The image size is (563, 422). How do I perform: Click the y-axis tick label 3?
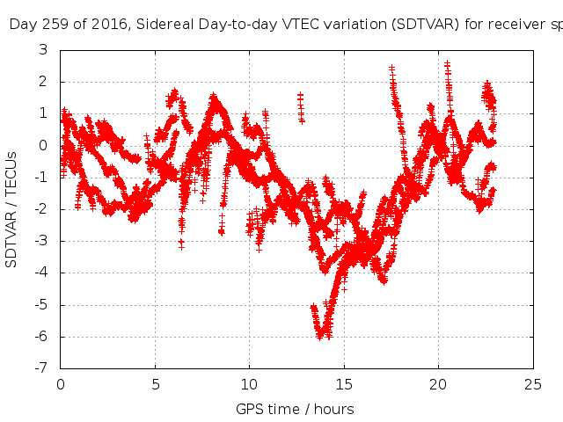pyautogui.click(x=43, y=50)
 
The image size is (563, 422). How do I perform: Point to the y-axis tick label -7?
pyautogui.click(x=40, y=368)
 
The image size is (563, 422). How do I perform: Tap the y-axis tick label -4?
pyautogui.click(x=40, y=273)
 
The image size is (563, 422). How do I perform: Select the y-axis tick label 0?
pyautogui.click(x=43, y=146)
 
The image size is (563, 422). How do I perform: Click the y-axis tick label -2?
pyautogui.click(x=40, y=209)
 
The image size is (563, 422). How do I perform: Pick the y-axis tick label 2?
pyautogui.click(x=43, y=82)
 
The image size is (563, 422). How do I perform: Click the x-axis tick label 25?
pyautogui.click(x=533, y=384)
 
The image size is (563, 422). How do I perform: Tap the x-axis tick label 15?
pyautogui.click(x=344, y=384)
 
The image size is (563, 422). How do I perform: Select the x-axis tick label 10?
pyautogui.click(x=249, y=384)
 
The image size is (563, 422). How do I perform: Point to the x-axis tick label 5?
pyautogui.click(x=155, y=384)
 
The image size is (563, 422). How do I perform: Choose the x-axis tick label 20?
pyautogui.click(x=438, y=384)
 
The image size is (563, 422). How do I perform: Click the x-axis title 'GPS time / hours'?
pyautogui.click(x=295, y=409)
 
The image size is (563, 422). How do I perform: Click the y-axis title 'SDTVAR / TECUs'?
pyautogui.click(x=12, y=209)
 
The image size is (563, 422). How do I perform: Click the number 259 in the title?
pyautogui.click(x=52, y=25)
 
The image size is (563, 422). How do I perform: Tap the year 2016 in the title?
pyautogui.click(x=106, y=25)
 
